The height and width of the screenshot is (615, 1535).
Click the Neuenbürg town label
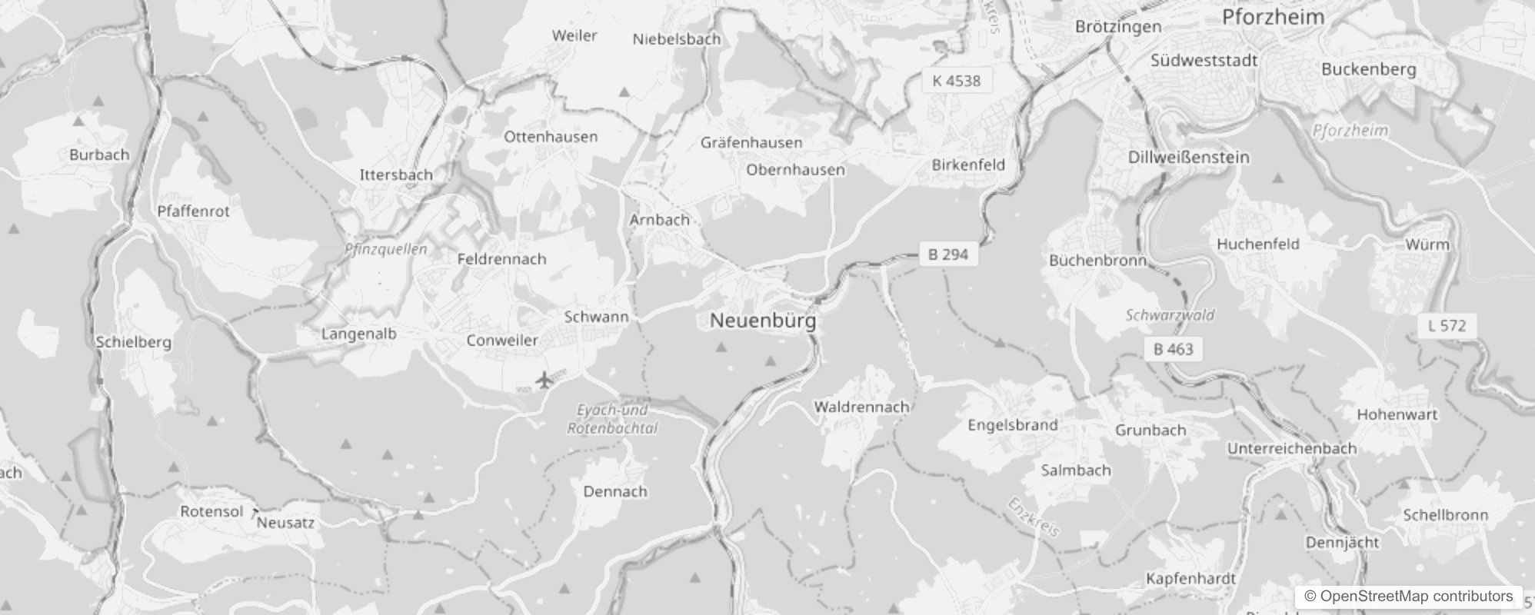coord(762,321)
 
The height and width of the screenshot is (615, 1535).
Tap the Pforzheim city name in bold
coord(1273,17)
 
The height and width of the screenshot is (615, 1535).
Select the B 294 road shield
coord(947,254)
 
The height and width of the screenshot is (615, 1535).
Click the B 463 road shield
coord(1173,349)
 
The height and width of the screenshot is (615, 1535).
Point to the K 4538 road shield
coord(956,81)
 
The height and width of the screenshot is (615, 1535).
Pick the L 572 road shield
coord(1447,326)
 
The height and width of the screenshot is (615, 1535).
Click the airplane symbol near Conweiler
coord(544,379)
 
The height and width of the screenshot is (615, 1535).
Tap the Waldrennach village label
coord(861,407)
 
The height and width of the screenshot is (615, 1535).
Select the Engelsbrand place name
coord(1012,425)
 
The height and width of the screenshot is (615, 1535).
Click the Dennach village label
coord(615,491)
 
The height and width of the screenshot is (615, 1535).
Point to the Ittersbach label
coord(396,175)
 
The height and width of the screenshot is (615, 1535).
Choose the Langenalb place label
coord(358,334)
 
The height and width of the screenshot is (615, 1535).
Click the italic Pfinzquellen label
coord(386,249)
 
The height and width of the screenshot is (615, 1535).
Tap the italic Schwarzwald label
coord(1170,315)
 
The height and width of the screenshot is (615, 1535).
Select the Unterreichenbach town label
coord(1291,448)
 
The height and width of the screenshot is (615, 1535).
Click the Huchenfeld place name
coord(1257,244)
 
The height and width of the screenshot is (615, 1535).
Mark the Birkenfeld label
coord(967,165)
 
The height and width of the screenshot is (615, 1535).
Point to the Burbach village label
coord(99,155)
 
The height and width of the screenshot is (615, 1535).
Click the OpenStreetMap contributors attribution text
coord(1408,596)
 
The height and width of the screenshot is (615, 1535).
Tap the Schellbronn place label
coord(1445,515)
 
